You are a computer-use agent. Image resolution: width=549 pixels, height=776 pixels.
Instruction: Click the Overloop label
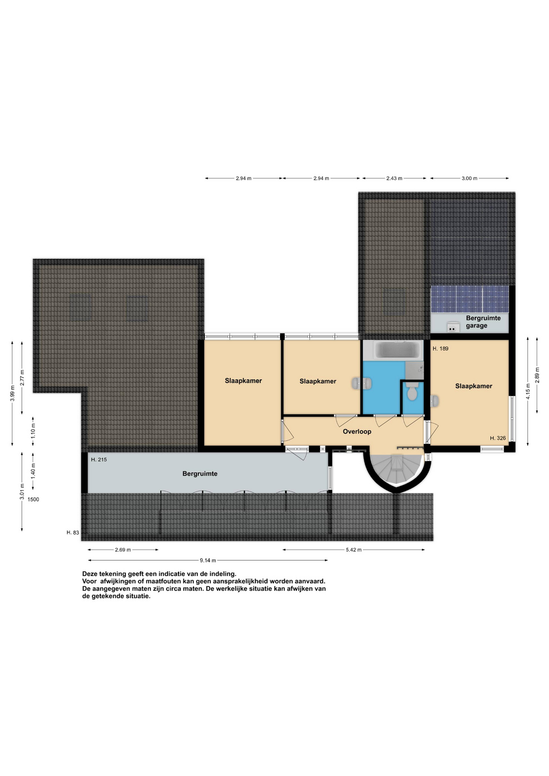(x=357, y=432)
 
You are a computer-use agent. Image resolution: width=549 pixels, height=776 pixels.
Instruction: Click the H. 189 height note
(x=440, y=348)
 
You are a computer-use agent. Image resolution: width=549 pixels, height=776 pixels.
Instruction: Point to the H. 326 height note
(x=498, y=438)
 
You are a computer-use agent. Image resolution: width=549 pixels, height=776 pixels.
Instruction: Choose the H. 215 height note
(x=99, y=460)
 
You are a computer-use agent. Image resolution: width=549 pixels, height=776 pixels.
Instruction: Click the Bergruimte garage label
(x=483, y=322)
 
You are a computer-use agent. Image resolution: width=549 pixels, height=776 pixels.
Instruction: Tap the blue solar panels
(x=470, y=299)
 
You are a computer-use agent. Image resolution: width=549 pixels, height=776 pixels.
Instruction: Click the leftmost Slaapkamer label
(x=243, y=381)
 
